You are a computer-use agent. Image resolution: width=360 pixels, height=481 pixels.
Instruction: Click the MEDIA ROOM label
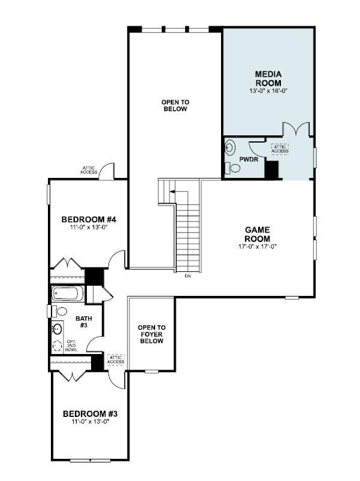click(268, 78)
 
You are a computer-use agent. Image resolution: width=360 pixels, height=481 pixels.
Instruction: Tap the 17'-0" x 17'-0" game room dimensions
click(256, 246)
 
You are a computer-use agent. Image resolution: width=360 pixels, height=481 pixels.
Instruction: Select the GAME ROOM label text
click(257, 234)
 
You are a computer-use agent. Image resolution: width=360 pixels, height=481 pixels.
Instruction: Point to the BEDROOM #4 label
click(88, 219)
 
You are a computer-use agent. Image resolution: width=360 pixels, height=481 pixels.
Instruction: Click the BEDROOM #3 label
click(89, 413)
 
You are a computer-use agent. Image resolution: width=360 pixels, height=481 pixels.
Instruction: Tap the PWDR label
click(248, 159)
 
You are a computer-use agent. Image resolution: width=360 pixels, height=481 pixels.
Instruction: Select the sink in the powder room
click(229, 145)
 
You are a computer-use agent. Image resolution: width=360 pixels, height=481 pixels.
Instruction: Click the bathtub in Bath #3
click(68, 294)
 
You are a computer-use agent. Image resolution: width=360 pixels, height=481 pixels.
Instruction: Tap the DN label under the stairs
click(187, 276)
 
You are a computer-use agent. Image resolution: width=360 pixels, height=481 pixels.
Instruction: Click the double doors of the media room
click(297, 129)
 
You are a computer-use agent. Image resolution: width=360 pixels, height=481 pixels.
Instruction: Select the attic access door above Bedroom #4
click(107, 171)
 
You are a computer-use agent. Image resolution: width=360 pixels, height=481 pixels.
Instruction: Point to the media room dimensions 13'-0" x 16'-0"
click(268, 91)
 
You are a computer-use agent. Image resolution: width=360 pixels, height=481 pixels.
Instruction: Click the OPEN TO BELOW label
click(174, 105)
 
